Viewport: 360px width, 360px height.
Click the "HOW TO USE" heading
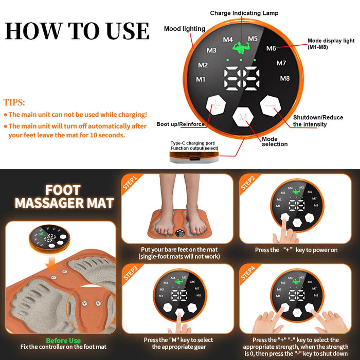[77, 31]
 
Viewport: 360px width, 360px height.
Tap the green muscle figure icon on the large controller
[239, 48]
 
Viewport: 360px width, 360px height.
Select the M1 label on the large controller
[201, 79]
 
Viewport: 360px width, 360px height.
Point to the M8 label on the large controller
[285, 78]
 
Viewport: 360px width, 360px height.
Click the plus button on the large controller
[216, 106]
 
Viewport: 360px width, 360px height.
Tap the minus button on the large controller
[271, 106]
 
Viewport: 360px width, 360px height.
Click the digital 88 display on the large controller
[242, 77]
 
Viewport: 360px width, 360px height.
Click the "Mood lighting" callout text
[185, 29]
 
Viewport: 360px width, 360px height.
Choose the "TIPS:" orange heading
[14, 102]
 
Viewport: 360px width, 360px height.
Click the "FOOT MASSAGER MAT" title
[64, 196]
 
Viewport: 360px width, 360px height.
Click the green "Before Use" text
[63, 340]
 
